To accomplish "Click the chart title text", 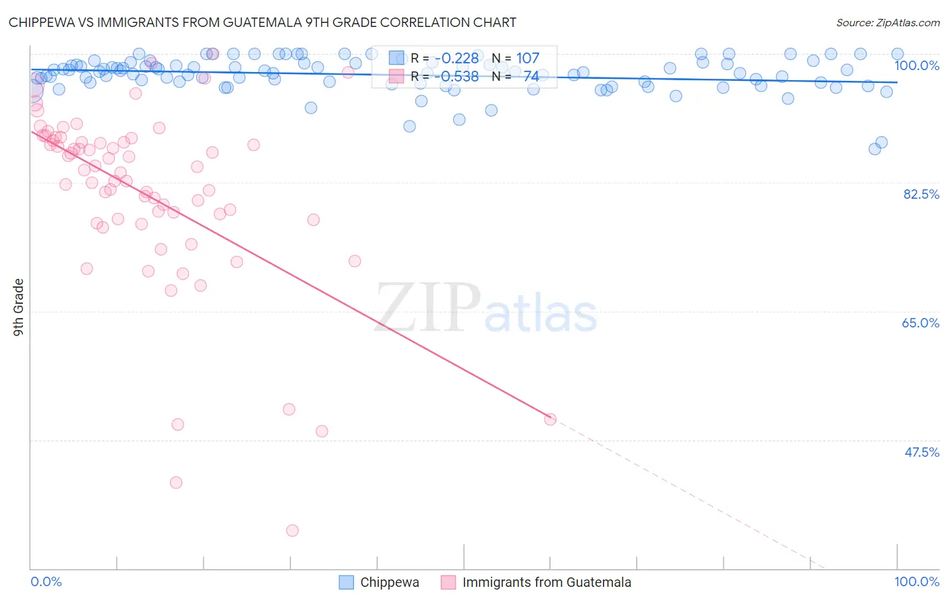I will pos(262,22).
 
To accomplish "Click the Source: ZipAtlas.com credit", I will pos(887,22).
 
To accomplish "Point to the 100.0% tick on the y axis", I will pos(916,65).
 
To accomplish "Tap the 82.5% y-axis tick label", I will pos(921,194).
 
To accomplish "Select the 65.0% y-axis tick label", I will pos(920,323).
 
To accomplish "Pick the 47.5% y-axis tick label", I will pos(921,452).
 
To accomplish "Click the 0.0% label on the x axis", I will pos(46,581).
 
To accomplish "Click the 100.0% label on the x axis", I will pos(916,581).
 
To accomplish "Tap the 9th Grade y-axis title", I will pos(19,307).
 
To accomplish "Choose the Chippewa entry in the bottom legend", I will pos(389,582).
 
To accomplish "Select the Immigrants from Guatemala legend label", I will pos(547,582).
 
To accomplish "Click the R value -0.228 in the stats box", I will pos(456,59).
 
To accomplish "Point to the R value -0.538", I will pos(456,77).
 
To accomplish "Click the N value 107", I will pos(527,59).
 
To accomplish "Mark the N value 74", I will pos(531,77).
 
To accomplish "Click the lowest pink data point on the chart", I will pos(292,530).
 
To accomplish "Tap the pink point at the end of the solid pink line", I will pos(550,419).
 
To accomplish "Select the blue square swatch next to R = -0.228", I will pos(396,59).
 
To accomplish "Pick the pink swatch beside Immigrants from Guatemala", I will pos(448,582).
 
